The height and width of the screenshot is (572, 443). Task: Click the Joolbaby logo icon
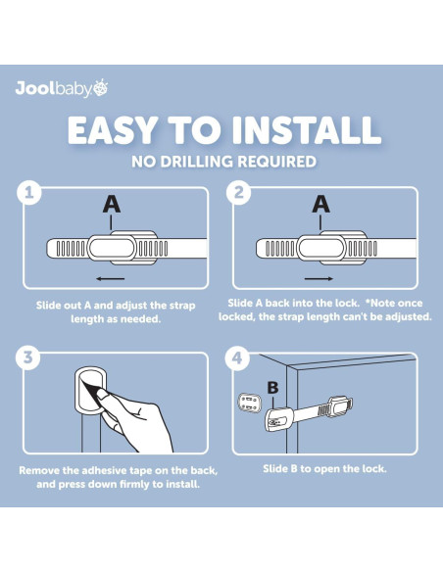click(x=101, y=88)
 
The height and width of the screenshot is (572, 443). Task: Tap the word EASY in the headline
click(x=113, y=130)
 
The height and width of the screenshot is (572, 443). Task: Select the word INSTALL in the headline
click(x=306, y=130)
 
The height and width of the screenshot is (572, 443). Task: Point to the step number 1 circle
click(x=29, y=192)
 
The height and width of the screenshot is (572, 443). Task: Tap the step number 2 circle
click(x=238, y=192)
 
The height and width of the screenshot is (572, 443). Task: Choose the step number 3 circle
click(x=28, y=357)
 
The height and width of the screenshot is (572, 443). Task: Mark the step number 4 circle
click(x=237, y=357)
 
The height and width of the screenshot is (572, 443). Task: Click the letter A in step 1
click(x=112, y=204)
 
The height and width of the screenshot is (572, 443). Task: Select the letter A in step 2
click(x=321, y=204)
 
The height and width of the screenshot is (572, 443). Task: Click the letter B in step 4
click(x=272, y=388)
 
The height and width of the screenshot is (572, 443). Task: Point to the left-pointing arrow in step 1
click(x=111, y=279)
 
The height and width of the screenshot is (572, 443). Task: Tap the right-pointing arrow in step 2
click(x=319, y=279)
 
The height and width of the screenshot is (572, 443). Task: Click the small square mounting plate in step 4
click(x=250, y=403)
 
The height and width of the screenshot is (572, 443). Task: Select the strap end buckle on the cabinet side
click(x=341, y=406)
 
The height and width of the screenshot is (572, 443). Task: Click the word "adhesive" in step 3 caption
click(x=104, y=470)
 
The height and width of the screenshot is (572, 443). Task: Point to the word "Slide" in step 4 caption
click(x=275, y=469)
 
